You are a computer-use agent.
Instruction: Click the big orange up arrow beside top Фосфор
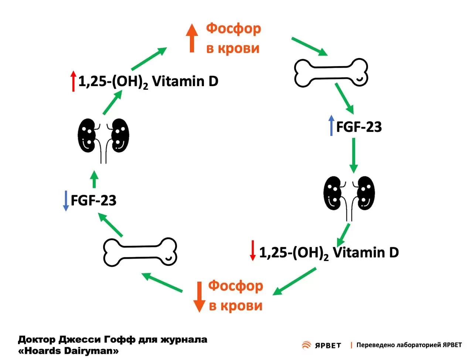coord(192,38)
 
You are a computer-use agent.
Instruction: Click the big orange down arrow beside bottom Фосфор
coord(199,297)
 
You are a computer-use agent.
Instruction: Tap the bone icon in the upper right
coord(331,72)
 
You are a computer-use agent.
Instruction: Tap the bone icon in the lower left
coord(140,252)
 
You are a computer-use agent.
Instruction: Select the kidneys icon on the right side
coord(349,198)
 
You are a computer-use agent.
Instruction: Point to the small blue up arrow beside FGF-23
coord(331,126)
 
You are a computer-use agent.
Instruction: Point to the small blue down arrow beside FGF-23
coord(66,201)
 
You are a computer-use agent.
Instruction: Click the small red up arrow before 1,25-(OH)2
coord(74,81)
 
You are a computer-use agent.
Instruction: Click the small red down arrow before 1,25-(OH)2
coord(252,250)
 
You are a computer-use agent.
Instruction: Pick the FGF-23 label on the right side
coord(359,127)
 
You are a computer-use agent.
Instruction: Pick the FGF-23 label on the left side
coord(93,201)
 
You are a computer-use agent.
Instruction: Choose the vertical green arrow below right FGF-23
coord(354,156)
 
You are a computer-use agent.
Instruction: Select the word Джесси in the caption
coord(80,340)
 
